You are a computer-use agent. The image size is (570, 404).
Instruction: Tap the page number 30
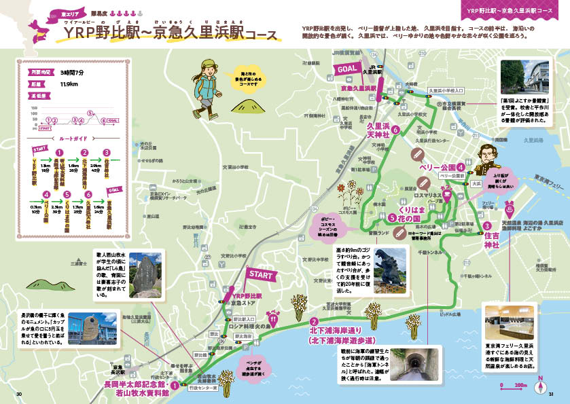tap(20, 394)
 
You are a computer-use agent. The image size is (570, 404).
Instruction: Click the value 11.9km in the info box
tap(69, 84)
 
